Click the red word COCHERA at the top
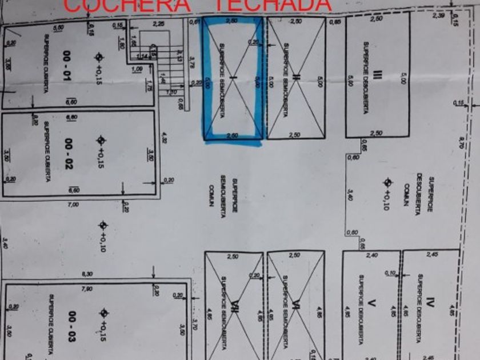coord(127,5)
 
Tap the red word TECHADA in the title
coord(271,5)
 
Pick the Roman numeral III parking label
coord(377,75)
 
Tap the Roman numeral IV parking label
coord(430,299)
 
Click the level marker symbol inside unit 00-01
coord(99,57)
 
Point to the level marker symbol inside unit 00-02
coord(101,140)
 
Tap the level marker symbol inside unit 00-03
coord(103,313)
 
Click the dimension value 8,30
coord(87,274)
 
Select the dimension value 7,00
coord(74,204)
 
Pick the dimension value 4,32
coord(165,137)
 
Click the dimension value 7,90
coord(87,289)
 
